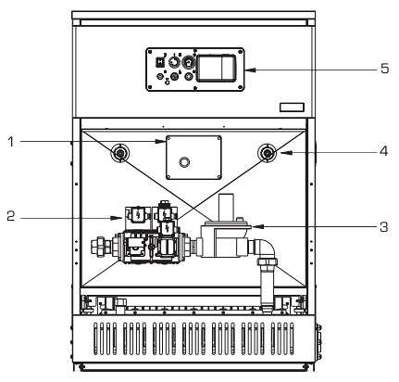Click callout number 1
tap(11, 142)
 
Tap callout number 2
tap(11, 216)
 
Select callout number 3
tap(383, 226)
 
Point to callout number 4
tap(383, 151)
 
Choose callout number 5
tap(384, 69)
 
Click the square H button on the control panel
tap(159, 63)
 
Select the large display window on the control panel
tap(217, 69)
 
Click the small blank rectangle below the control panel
tap(292, 108)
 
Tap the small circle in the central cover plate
tap(184, 161)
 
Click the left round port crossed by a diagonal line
tap(119, 152)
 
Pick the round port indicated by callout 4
tap(268, 152)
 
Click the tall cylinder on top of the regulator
tap(225, 207)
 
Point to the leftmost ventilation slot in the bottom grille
tap(95, 338)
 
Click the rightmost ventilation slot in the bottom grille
tap(292, 338)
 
